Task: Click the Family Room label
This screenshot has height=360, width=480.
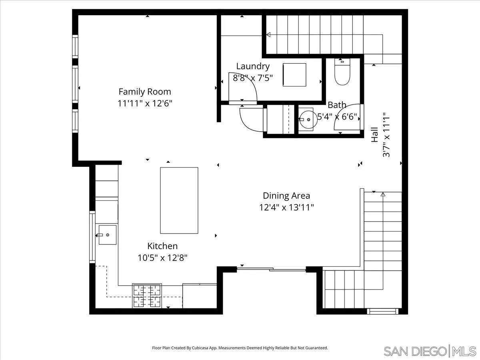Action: [144, 92]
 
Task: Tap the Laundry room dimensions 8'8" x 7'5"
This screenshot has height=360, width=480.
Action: [252, 78]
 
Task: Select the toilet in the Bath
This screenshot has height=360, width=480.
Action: [342, 72]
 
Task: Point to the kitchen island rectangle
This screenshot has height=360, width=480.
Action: [179, 200]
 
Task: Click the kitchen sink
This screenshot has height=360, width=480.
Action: [107, 235]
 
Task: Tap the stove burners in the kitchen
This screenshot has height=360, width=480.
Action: [147, 296]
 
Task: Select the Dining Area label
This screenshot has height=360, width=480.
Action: [286, 196]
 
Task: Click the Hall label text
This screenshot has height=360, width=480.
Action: [374, 135]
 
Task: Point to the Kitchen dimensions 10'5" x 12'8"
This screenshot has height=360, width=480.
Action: [162, 258]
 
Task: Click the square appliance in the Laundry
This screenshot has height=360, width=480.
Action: [294, 74]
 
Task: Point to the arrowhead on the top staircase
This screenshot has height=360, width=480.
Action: [268, 35]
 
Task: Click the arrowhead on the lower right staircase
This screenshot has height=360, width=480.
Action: [383, 194]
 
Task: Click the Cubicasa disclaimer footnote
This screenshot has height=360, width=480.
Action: [240, 348]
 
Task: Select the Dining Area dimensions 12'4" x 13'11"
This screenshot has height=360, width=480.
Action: [286, 208]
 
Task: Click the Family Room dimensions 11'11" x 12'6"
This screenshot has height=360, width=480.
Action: [144, 104]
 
